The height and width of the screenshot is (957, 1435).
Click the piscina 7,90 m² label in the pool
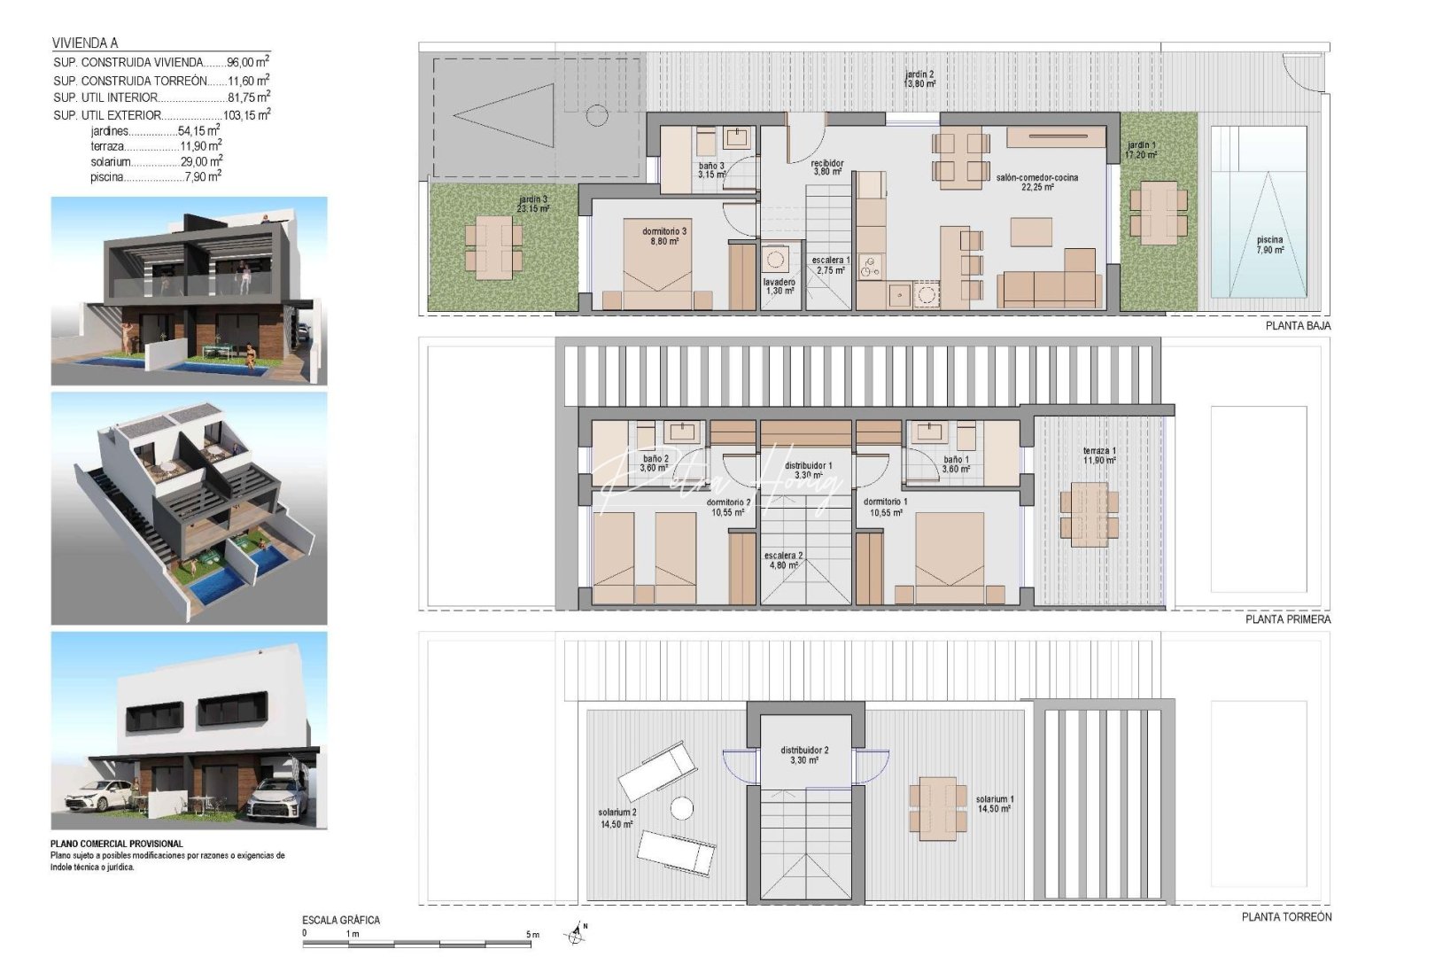click(x=1269, y=245)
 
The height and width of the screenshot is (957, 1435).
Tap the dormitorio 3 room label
click(x=664, y=236)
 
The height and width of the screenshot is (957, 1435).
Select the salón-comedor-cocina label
click(x=1036, y=182)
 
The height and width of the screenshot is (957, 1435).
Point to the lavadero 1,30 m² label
click(x=779, y=285)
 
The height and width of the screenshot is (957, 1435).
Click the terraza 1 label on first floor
click(x=1099, y=455)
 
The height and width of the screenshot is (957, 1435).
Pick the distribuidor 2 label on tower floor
click(x=804, y=754)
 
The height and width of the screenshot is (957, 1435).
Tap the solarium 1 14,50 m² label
click(x=995, y=803)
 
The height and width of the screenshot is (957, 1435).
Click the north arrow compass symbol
click(x=578, y=932)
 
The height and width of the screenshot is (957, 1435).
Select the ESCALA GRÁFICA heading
click(x=341, y=920)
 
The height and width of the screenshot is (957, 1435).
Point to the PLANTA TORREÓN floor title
click(x=1286, y=917)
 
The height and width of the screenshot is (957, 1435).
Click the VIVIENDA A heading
click(x=85, y=43)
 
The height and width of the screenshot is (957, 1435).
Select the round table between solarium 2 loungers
click(x=681, y=808)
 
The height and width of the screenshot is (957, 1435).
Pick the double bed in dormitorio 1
click(x=950, y=558)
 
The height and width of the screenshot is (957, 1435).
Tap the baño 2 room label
click(x=655, y=463)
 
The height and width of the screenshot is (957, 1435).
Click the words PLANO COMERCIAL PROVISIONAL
click(x=117, y=844)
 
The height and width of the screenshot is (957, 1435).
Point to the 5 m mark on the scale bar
click(x=530, y=934)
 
